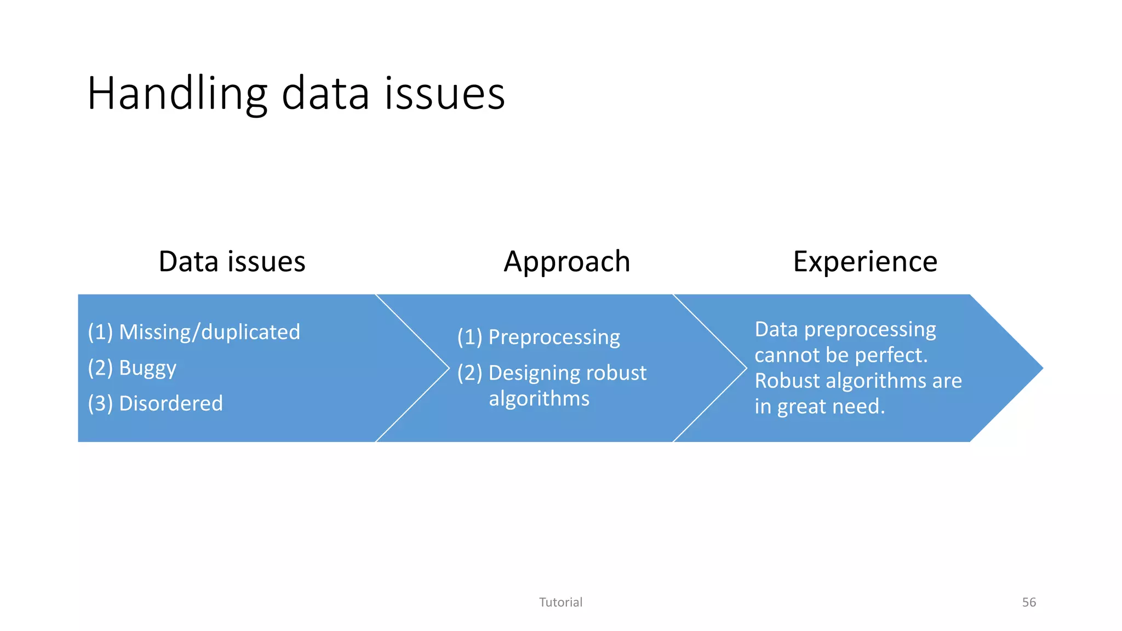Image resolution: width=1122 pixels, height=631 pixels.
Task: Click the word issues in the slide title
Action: pyautogui.click(x=444, y=94)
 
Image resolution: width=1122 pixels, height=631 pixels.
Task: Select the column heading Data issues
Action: pyautogui.click(x=232, y=261)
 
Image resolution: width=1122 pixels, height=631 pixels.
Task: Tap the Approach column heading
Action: pyautogui.click(x=566, y=261)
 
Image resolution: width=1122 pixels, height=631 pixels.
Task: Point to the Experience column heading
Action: pyautogui.click(x=865, y=261)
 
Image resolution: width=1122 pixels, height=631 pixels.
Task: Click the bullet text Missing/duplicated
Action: pyautogui.click(x=209, y=332)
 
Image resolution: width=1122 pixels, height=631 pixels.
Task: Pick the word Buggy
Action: pyautogui.click(x=147, y=368)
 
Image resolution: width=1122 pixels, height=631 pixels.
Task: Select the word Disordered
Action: pyautogui.click(x=171, y=403)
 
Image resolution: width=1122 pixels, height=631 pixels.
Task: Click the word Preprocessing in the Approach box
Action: pyautogui.click(x=554, y=337)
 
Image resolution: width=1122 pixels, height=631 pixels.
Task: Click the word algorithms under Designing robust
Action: pyautogui.click(x=539, y=399)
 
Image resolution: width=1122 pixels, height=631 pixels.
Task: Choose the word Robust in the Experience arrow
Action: pyautogui.click(x=787, y=381)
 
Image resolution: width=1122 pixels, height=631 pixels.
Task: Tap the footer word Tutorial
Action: pyautogui.click(x=560, y=602)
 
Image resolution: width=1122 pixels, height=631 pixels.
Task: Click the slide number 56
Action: pyautogui.click(x=1029, y=602)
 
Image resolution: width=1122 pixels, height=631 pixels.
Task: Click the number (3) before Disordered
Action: pyautogui.click(x=100, y=403)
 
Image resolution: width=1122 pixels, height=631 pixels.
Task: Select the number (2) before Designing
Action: pyautogui.click(x=470, y=373)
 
